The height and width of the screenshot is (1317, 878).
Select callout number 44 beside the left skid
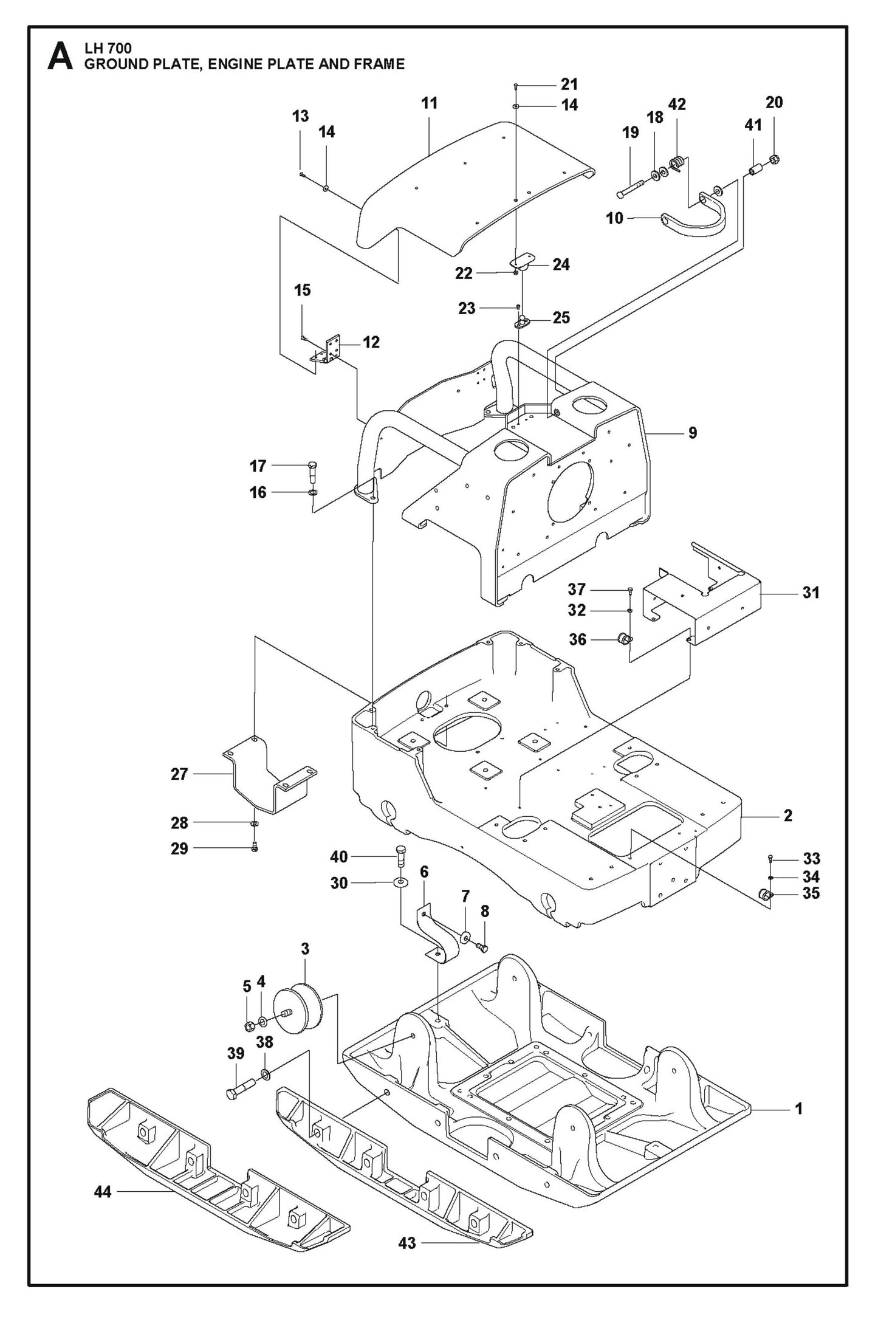[x=103, y=1192]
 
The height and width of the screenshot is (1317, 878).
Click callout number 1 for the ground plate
[x=799, y=1109]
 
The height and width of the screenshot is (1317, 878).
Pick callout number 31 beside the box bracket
[x=811, y=592]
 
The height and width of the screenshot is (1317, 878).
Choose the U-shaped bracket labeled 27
[x=267, y=774]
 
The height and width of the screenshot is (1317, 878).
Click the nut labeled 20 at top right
[x=775, y=160]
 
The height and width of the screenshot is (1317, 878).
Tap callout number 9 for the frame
[x=693, y=433]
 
